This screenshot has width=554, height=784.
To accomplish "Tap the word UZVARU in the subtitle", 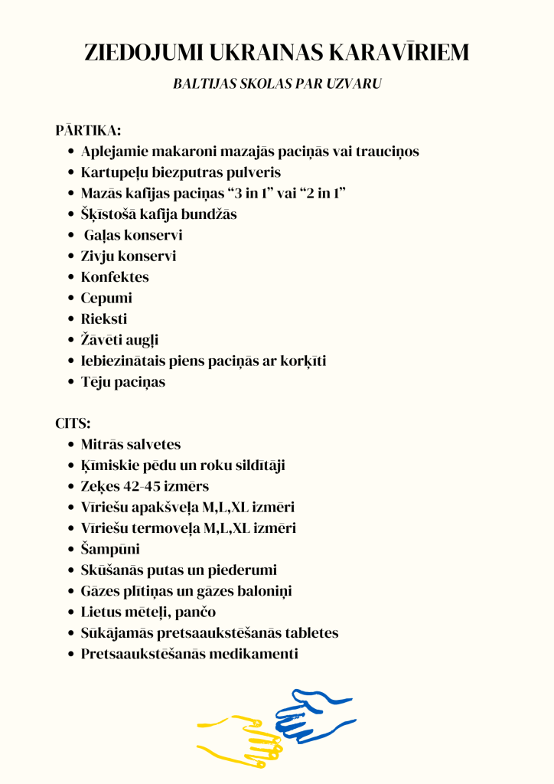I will pos(353,84).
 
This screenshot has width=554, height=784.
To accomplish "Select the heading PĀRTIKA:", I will pos(88,130).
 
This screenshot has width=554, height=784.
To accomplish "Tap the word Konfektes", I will pos(115,277).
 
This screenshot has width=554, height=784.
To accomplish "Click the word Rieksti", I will pos(104,318).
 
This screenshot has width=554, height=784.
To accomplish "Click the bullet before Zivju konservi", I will pos(70,256).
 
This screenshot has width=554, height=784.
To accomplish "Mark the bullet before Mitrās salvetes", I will pos(70,444).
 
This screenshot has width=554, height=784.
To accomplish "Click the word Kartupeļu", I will pos(116,172).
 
